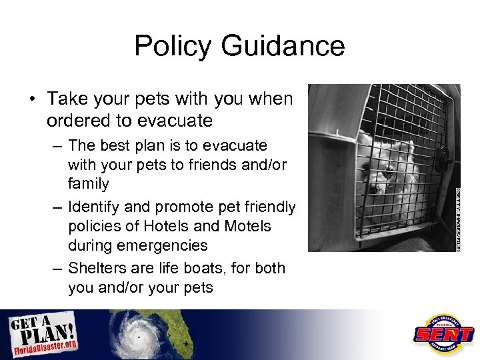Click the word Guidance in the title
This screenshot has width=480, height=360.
[280, 46]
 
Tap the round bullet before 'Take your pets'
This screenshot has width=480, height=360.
[31, 100]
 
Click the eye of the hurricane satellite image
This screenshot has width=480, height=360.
[139, 337]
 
